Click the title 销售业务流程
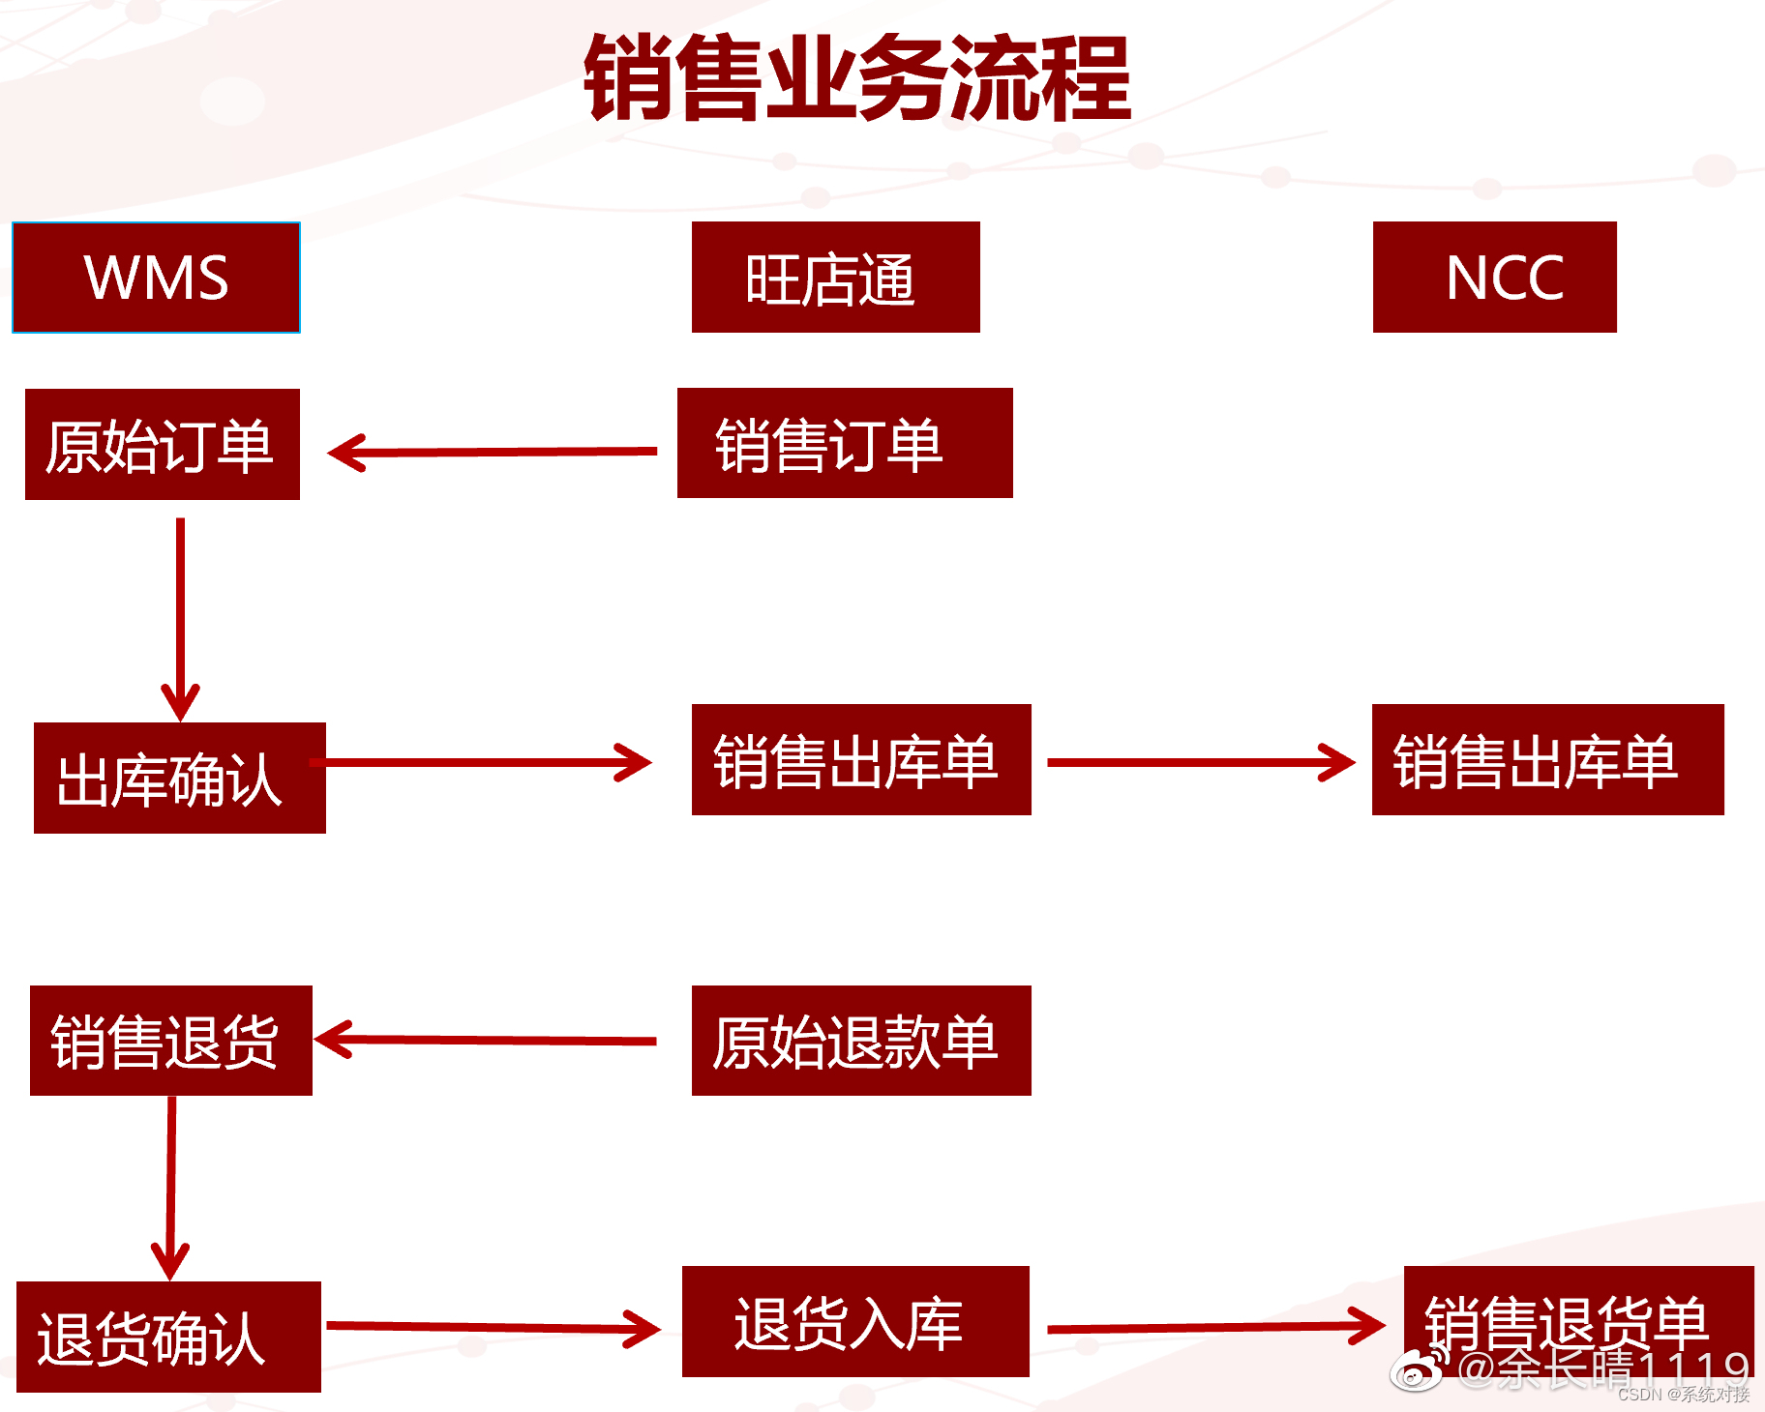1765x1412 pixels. coord(857,77)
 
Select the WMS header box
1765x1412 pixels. coord(156,278)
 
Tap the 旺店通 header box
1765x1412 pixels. coord(835,278)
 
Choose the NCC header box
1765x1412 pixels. coord(1494,278)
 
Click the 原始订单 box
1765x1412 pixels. coord(163,445)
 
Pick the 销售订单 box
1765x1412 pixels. coord(844,444)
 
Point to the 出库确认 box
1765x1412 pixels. coord(179,778)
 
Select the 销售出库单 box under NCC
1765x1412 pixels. coord(1547,760)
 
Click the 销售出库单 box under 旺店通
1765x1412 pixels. coord(860,760)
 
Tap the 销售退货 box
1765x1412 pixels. coord(170,1041)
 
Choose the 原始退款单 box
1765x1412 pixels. coord(860,1041)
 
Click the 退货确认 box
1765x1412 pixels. coord(168,1337)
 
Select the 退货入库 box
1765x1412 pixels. coord(854,1321)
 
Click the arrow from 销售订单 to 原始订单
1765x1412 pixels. coord(494,452)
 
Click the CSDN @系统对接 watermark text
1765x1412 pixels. coord(1683,1395)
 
